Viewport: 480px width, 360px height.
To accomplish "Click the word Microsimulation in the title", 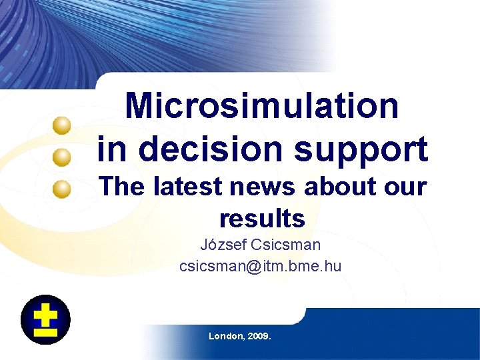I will point(262,106).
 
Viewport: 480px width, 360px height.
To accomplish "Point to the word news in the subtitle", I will point(265,187).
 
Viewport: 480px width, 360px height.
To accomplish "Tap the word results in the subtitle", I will point(262,218).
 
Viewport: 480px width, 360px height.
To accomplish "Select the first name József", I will point(222,245).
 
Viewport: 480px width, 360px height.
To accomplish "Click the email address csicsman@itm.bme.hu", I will point(260,266).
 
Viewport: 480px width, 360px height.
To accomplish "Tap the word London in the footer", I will point(226,336).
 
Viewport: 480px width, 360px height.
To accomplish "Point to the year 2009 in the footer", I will point(259,336).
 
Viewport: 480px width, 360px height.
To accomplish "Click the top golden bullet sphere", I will point(63,125).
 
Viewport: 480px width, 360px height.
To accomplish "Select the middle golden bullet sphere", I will point(62,157).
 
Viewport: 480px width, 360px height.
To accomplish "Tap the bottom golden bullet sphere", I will point(62,189).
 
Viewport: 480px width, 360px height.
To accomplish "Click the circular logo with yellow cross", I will point(45,319).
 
